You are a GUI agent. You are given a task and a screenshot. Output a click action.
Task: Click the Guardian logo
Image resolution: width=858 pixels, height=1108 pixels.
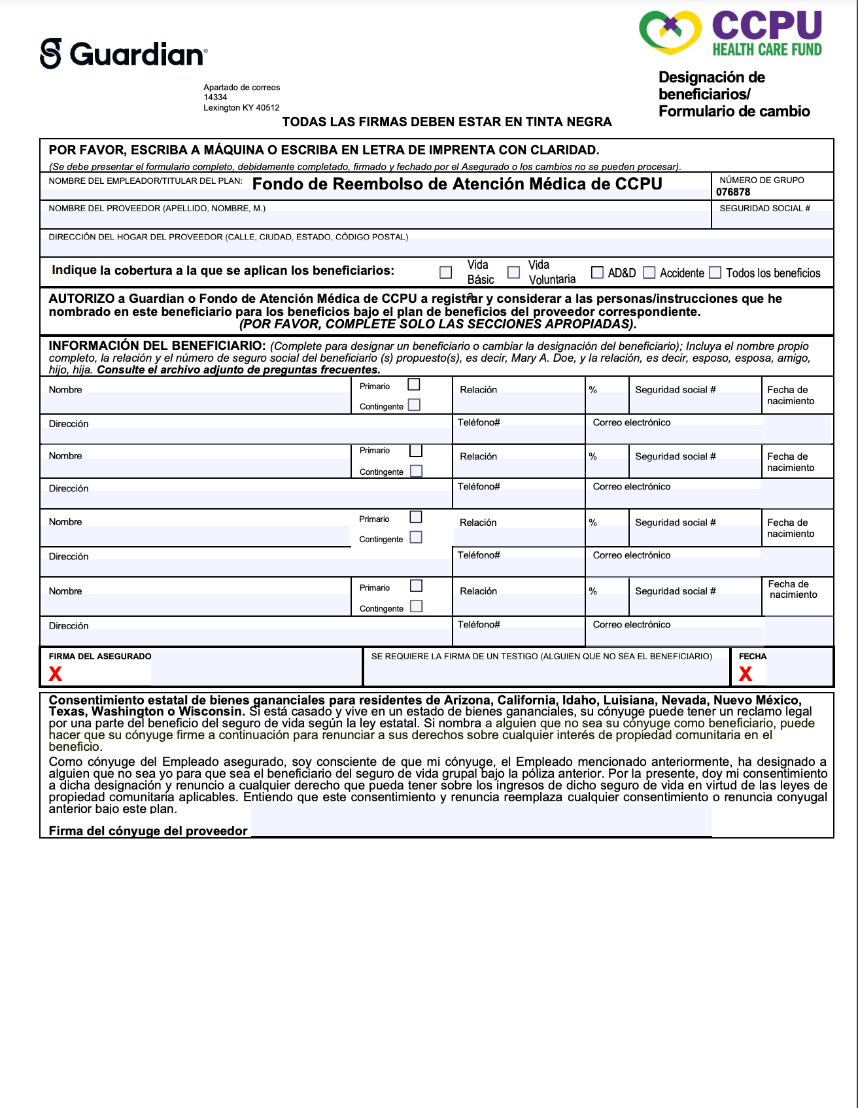click(x=124, y=54)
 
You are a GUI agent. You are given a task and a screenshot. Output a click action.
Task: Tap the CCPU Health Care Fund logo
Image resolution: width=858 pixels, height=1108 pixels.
click(x=730, y=33)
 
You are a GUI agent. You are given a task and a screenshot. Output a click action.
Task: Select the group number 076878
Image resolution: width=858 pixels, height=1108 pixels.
click(x=733, y=192)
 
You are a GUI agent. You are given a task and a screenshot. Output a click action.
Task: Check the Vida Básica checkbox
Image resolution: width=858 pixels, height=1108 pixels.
click(x=446, y=272)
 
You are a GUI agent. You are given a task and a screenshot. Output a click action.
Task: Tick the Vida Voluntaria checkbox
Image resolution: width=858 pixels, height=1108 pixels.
click(x=514, y=272)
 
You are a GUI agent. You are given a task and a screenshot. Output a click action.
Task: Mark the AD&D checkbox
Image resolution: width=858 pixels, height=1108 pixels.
click(x=597, y=272)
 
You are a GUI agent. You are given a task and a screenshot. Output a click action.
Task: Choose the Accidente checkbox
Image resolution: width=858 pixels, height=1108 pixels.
click(x=649, y=272)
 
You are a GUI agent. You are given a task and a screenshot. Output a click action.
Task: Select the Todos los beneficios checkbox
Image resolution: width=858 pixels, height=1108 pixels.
click(x=715, y=272)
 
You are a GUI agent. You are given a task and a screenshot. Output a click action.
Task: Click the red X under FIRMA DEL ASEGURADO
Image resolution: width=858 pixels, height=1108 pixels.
click(x=56, y=674)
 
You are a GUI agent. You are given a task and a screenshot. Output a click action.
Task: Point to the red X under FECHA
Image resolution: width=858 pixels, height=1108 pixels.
click(x=746, y=674)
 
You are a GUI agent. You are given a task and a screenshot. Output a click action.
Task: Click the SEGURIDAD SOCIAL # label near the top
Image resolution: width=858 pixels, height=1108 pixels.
click(x=764, y=208)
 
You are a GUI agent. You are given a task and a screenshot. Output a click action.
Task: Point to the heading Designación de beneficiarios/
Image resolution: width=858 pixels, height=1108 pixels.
click(x=712, y=86)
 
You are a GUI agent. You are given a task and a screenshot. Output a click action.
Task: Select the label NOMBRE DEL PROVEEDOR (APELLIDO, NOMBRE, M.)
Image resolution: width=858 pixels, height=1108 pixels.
click(x=157, y=208)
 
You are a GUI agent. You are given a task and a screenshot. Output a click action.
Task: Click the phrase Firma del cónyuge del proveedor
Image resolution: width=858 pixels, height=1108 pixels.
click(x=148, y=831)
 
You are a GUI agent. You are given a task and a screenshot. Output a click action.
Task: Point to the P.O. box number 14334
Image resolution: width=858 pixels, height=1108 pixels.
click(x=215, y=97)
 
